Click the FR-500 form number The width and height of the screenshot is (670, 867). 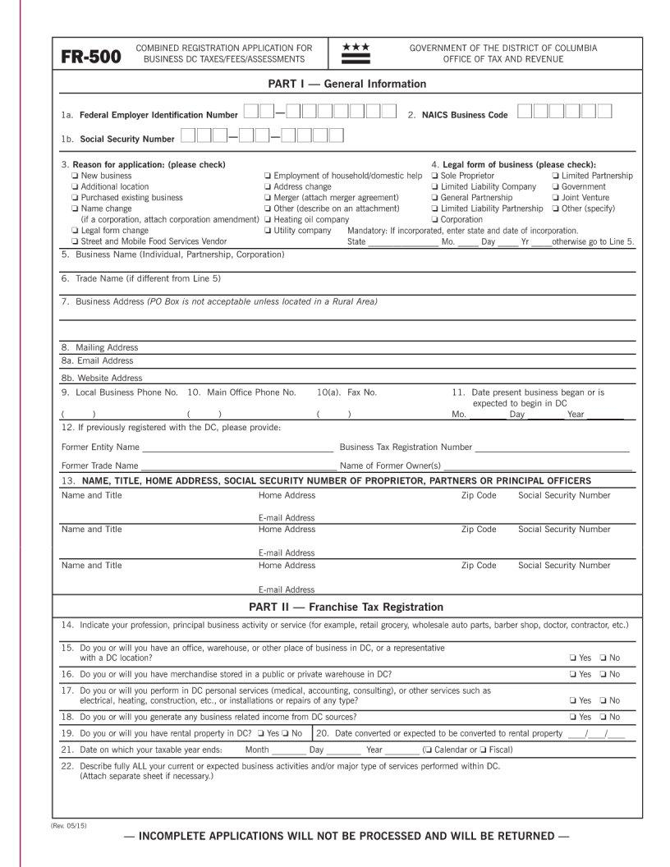click(90, 57)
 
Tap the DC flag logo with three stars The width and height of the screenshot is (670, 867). click(356, 53)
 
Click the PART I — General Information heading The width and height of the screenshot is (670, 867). click(346, 84)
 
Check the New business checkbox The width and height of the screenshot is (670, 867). click(75, 176)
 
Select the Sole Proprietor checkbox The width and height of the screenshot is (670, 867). click(434, 176)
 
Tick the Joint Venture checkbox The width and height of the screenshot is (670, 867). click(556, 198)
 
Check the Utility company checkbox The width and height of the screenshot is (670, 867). click(268, 231)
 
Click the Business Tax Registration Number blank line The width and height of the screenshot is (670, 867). click(552, 448)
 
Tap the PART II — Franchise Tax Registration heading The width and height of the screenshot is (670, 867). click(346, 607)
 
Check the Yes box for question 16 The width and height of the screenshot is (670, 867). click(572, 675)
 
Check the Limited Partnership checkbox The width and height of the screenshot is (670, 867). click(556, 176)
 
